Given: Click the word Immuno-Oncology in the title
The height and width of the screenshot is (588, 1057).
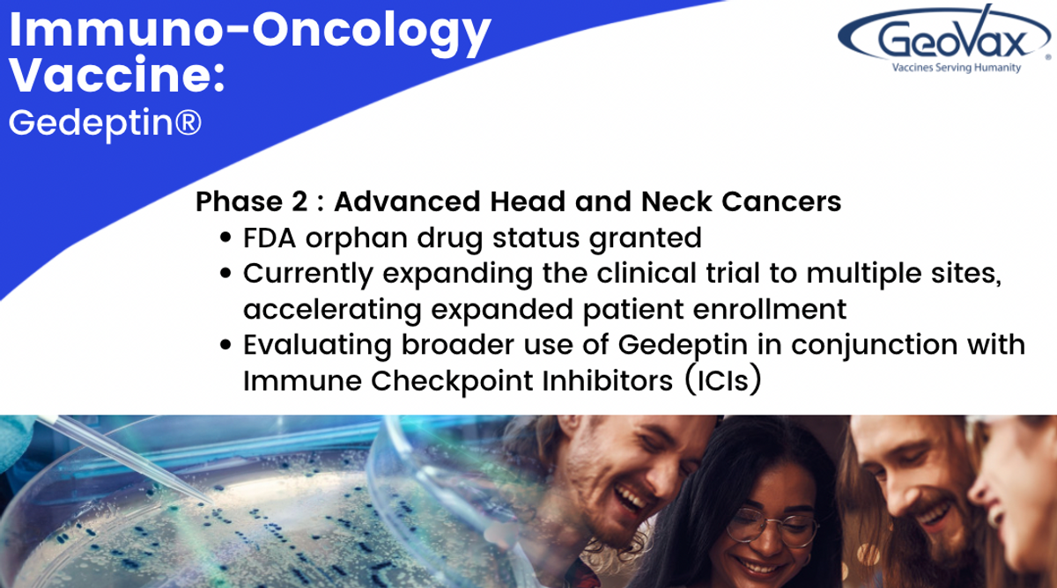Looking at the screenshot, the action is tap(250, 33).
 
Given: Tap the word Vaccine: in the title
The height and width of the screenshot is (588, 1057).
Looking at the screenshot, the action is tap(116, 76).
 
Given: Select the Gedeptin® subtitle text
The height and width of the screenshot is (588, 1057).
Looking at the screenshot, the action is tap(105, 123).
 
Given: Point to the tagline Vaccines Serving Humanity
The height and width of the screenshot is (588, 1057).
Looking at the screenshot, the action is tap(957, 68).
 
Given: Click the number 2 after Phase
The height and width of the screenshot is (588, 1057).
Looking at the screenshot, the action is tap(299, 202).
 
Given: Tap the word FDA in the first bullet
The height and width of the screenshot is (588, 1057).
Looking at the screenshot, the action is tap(269, 239).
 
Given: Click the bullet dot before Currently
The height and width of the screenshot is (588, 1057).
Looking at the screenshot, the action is tap(225, 273).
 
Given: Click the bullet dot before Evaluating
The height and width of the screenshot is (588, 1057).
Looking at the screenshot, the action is tap(225, 345).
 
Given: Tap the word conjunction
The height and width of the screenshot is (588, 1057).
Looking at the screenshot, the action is tap(874, 346).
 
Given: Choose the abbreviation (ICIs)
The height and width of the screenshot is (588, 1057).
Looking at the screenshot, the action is tap(723, 380).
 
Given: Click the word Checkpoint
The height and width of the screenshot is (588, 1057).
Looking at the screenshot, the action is tap(452, 381).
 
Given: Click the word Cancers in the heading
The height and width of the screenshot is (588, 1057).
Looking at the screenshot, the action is tap(781, 202).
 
